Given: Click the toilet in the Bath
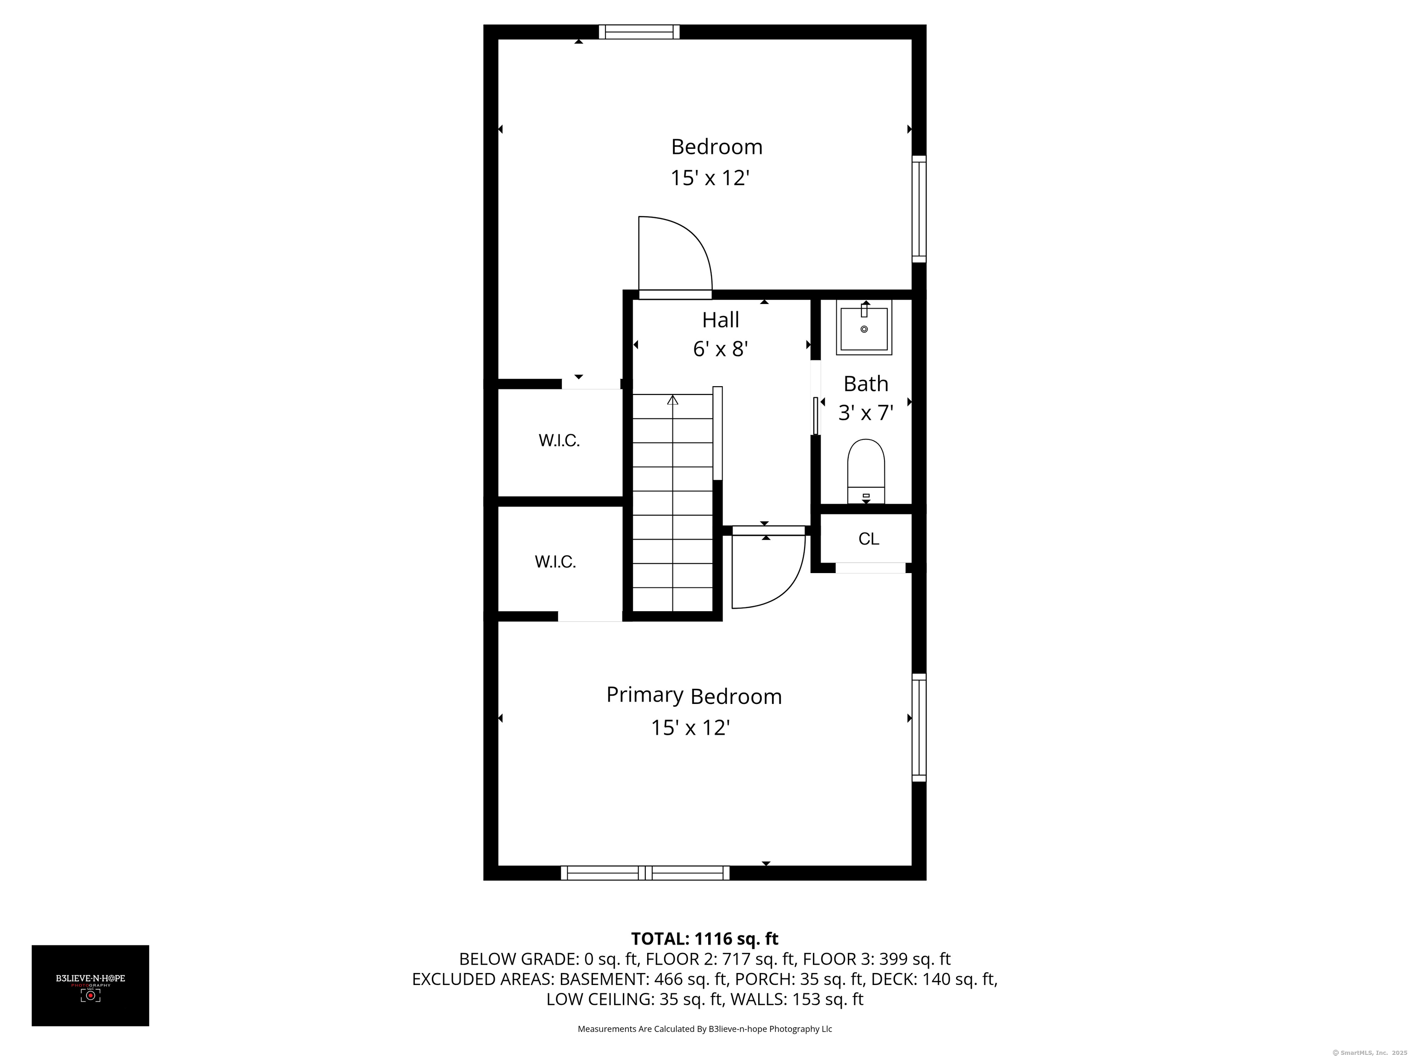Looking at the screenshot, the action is (x=866, y=471).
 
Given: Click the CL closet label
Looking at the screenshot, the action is (x=869, y=539).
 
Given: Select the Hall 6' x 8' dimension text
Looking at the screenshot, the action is (x=720, y=349).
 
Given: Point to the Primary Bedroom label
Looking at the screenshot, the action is (x=694, y=695).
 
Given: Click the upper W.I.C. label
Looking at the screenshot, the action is (x=559, y=441).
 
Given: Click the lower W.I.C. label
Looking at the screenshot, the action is (x=555, y=562).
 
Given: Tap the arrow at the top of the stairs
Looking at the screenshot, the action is (x=672, y=400).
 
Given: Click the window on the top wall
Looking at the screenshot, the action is (x=639, y=32).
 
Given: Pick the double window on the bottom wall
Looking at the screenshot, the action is (x=645, y=873).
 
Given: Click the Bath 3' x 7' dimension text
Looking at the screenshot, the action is (x=866, y=413).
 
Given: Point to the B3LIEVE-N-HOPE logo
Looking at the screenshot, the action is (x=90, y=985).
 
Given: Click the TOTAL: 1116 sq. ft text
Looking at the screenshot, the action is (x=705, y=939).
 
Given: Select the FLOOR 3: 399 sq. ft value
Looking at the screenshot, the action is (x=877, y=959).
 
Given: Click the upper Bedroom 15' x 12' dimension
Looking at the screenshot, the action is (x=710, y=178).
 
